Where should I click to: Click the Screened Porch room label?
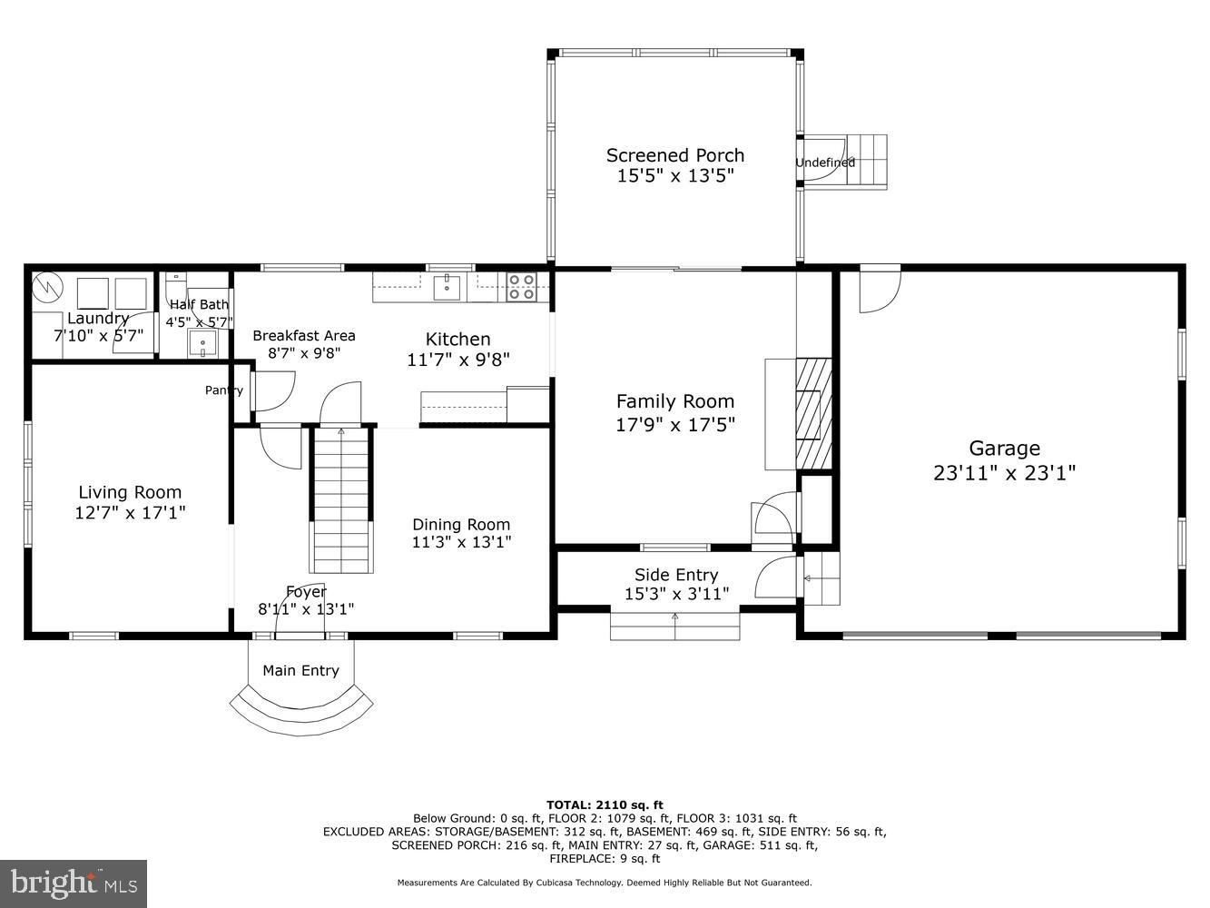click(674, 155)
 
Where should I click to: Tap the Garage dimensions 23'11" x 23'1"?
click(1004, 472)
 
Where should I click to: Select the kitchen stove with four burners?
click(521, 287)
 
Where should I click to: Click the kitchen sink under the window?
click(447, 288)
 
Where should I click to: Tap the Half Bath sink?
click(202, 343)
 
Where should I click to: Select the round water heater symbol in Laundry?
click(46, 288)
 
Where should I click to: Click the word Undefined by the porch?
click(825, 163)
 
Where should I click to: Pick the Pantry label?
click(223, 390)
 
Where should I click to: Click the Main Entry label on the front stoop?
click(300, 670)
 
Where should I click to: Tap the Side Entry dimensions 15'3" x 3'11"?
click(676, 594)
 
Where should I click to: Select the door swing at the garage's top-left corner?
click(878, 290)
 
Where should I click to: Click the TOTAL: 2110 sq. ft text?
click(605, 804)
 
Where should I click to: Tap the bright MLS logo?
click(74, 883)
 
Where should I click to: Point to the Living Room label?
click(130, 492)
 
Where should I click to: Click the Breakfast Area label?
click(304, 335)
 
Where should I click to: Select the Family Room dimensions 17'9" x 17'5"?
click(675, 423)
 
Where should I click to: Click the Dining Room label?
click(461, 524)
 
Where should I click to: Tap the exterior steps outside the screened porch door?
click(867, 162)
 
